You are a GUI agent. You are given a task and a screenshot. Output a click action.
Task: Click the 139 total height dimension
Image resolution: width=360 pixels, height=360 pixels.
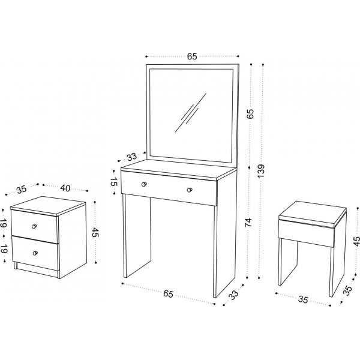261,171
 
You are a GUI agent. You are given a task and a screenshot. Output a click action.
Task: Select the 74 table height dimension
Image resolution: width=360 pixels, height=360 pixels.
248,223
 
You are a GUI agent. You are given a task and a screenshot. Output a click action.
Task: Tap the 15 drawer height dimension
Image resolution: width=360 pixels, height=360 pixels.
114,182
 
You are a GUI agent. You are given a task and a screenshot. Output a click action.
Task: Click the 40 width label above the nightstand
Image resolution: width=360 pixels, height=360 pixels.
65,188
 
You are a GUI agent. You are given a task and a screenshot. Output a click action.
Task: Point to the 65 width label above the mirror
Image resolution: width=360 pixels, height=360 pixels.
192,56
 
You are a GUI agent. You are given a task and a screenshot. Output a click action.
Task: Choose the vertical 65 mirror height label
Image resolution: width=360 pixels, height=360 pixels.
250,113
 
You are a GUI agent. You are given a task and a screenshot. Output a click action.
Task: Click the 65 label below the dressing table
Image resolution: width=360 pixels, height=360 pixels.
168,294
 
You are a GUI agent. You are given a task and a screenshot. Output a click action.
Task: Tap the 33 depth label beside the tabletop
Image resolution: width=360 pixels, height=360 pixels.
132,157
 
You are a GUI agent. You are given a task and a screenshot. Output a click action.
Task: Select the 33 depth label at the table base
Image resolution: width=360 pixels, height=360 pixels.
234,295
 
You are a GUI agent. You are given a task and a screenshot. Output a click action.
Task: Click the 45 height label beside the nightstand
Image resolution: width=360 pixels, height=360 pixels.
95,232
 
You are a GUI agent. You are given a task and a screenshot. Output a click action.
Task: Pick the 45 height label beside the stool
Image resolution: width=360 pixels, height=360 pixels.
356,241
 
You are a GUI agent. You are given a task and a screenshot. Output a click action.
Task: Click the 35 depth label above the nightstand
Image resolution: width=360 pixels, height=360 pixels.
22,190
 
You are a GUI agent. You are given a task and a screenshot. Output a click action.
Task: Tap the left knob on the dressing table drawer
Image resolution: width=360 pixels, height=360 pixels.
144,184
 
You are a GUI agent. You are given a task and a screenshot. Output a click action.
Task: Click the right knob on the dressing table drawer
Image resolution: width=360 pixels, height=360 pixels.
190,190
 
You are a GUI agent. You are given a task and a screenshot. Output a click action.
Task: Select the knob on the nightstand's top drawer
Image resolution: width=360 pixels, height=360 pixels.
34,226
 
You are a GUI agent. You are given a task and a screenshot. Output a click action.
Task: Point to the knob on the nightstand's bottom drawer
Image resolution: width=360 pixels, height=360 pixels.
35,253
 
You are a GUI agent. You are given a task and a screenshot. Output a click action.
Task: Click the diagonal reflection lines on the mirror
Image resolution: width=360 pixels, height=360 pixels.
191,113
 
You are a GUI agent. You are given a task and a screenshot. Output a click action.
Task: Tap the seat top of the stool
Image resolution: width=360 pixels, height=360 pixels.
313,212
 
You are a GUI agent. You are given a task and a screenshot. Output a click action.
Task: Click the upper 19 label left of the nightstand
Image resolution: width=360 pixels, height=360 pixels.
4,223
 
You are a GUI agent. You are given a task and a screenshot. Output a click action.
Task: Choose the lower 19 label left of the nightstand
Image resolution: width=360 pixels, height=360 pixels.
4,248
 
